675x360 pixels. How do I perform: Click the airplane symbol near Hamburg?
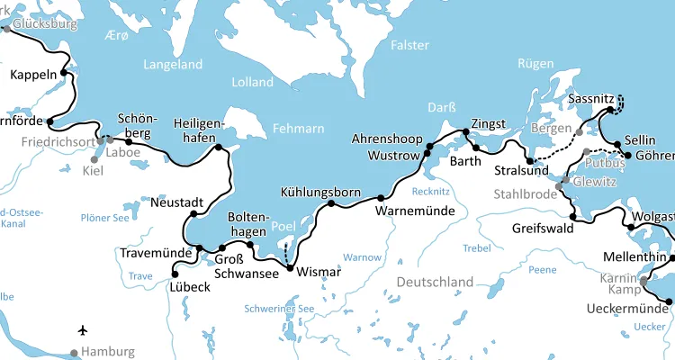pyautogui.click(x=84, y=330)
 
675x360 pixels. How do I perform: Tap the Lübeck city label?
pyautogui.click(x=190, y=289)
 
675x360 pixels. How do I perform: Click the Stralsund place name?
pyautogui.click(x=521, y=172)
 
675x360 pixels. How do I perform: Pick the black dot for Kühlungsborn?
pyautogui.click(x=331, y=203)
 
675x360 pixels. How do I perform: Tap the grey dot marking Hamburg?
pyautogui.click(x=76, y=352)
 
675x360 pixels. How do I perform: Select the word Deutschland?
pyautogui.click(x=436, y=283)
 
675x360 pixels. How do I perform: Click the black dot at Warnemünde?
pyautogui.click(x=381, y=198)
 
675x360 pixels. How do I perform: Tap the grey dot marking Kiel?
pyautogui.click(x=94, y=159)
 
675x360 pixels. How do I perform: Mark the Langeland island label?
pyautogui.click(x=173, y=65)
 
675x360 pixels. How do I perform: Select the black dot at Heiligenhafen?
pyautogui.click(x=218, y=147)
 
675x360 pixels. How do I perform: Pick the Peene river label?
pyautogui.click(x=542, y=269)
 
